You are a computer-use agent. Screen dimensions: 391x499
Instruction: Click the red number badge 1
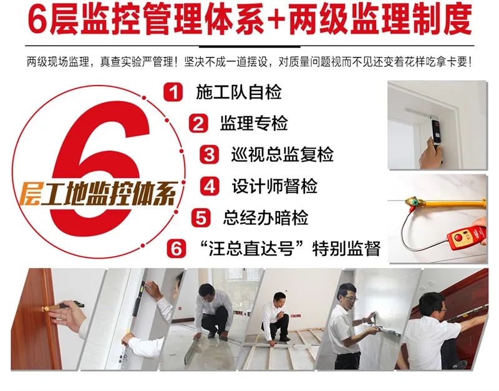click(173, 92)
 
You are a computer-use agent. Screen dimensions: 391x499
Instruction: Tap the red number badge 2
click(198, 123)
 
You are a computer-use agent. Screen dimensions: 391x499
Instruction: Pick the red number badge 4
click(210, 186)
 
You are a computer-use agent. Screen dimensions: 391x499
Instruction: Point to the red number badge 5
click(200, 217)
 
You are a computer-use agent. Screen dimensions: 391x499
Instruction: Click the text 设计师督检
click(274, 186)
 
